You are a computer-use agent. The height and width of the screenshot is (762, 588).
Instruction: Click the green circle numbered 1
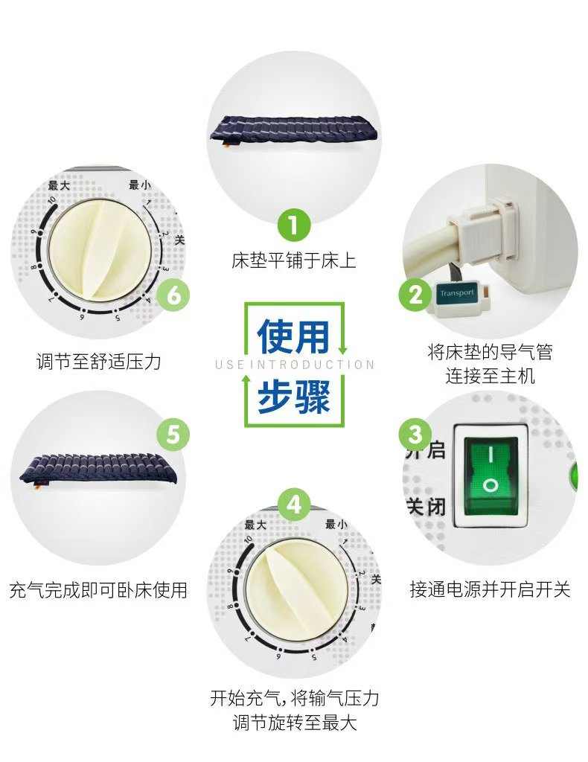(294, 225)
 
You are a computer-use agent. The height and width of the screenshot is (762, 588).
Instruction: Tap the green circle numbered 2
(415, 295)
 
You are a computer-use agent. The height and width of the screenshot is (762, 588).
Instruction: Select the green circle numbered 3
(415, 434)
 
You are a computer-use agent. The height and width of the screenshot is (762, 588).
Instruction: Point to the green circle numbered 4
(294, 505)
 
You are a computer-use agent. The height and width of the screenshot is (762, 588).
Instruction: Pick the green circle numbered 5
(173, 434)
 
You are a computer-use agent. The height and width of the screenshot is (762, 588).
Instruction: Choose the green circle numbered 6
(173, 295)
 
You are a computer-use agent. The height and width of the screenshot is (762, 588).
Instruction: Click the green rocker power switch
(490, 476)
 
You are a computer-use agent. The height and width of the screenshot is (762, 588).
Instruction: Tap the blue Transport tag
(457, 293)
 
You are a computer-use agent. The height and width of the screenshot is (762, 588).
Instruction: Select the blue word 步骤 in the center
(293, 397)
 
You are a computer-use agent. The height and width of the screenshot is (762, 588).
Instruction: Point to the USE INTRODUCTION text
(295, 365)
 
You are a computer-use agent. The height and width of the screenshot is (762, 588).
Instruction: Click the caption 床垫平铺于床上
(294, 261)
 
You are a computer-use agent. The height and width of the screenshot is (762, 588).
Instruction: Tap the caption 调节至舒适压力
(99, 362)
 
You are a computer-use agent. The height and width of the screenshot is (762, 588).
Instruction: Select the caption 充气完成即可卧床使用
(99, 590)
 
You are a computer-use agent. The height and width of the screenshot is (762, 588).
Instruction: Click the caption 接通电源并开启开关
(490, 589)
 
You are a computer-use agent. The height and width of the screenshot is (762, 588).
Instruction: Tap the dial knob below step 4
(296, 589)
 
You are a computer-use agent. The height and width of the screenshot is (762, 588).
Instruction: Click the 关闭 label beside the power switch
(426, 507)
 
